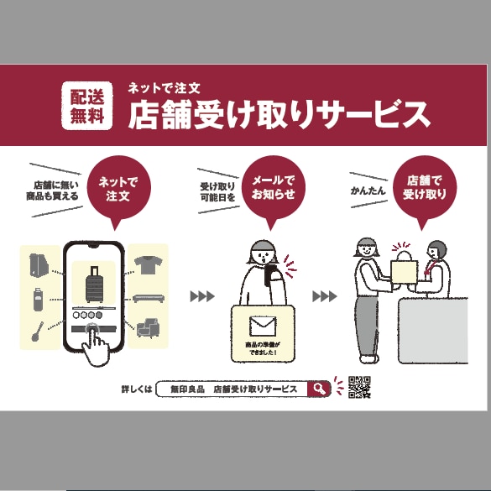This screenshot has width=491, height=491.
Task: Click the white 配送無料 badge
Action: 86,106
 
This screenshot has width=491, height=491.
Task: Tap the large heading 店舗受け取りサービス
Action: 279,115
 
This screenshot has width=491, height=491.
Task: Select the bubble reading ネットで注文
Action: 118,191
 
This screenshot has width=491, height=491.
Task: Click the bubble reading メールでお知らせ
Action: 273,191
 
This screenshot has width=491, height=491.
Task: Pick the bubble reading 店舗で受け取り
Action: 425,191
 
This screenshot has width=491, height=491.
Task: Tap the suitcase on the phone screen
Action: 94,285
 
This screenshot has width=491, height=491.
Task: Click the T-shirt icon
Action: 148,265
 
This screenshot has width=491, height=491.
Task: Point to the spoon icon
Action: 37,332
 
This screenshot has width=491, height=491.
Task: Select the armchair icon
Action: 149,328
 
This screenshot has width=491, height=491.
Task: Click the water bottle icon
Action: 39,300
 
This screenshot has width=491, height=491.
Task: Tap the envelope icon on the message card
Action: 263,326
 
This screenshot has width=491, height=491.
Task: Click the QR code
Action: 359,387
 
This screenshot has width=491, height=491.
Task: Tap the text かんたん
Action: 368,191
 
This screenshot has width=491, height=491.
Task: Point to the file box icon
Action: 39,265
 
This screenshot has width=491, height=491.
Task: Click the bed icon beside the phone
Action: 149,298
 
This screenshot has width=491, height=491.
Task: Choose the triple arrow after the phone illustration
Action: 202,296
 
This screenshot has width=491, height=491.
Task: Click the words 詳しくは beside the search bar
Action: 137,389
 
